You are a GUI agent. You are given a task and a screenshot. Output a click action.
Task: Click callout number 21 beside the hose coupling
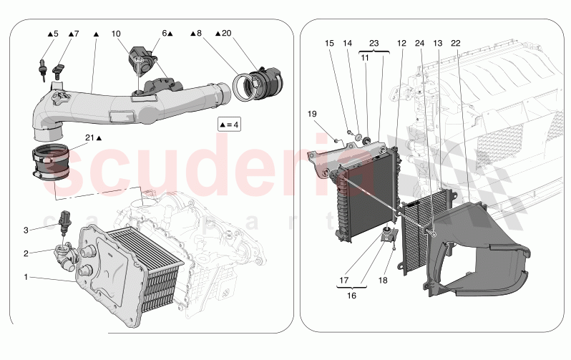click(89, 137)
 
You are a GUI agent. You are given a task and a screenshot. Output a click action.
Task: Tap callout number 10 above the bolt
click(116, 34)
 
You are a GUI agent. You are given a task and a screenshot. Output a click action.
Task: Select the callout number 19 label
click(312, 114)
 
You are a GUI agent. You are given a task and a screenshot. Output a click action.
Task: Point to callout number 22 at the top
click(456, 43)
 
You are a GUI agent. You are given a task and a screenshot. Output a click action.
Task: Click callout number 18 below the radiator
click(383, 281)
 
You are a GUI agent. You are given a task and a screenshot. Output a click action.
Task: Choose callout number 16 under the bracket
click(351, 296)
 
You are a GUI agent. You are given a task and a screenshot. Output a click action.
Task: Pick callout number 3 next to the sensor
click(26, 230)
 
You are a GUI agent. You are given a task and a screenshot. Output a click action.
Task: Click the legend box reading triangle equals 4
click(229, 125)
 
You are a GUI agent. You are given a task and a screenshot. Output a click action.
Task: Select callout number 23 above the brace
click(374, 43)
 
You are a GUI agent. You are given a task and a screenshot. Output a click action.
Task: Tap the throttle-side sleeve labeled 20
click(266, 83)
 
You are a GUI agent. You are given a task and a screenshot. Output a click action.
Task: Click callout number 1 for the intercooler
click(26, 277)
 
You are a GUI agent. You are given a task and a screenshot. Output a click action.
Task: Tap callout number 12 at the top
click(401, 43)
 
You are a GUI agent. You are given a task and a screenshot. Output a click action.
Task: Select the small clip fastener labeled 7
click(58, 69)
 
